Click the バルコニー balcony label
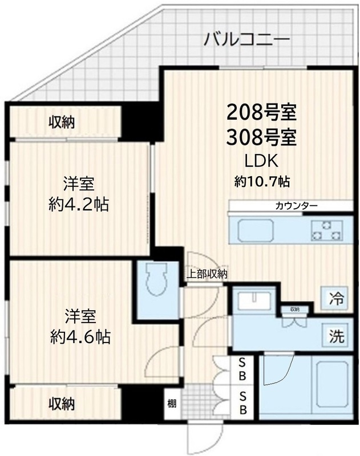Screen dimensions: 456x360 [x=247, y=40]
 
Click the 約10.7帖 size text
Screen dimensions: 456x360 [x=262, y=182]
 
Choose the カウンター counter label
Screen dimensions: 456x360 [x=296, y=206]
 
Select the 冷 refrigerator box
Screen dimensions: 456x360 [x=337, y=296]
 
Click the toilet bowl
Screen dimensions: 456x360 [x=155, y=280]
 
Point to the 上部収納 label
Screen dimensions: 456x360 [x=207, y=274]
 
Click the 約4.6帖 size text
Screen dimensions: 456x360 [x=79, y=336]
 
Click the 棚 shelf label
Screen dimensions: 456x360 [x=172, y=404]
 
